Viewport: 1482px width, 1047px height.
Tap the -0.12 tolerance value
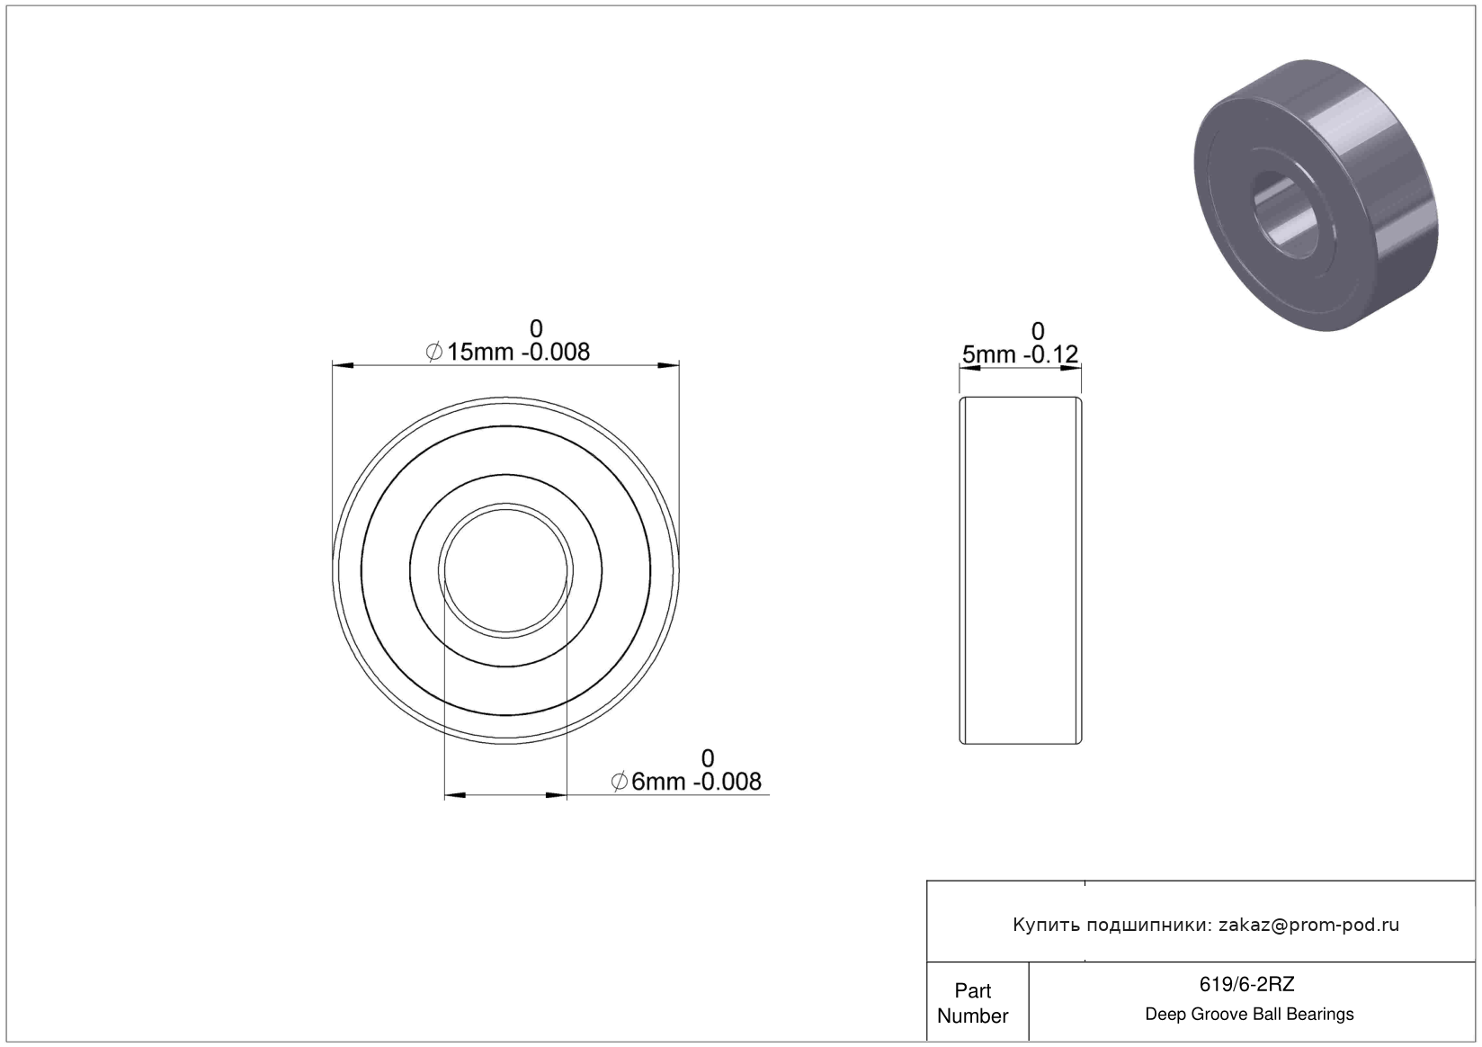coord(1051,354)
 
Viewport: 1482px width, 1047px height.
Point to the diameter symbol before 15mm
coord(434,352)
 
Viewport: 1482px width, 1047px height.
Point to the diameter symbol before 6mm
coord(620,782)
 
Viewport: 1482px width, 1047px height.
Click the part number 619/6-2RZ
coord(1246,984)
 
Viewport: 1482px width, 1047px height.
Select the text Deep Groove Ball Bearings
coord(1249,1014)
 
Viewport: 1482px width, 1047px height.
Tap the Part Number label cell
coord(973,1003)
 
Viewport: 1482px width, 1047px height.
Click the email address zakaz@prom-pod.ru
coord(1308,925)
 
